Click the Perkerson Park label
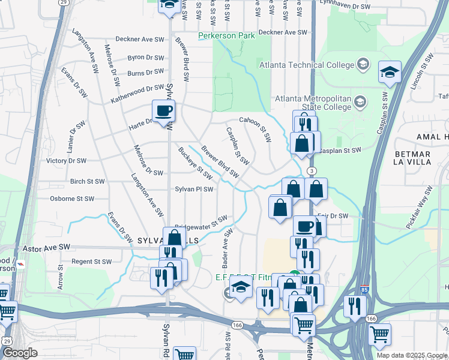[x=227, y=36]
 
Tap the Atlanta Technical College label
[x=307, y=65]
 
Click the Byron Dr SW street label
[x=145, y=58]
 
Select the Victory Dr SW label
[x=67, y=161]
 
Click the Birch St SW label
[x=87, y=181]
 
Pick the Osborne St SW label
[x=72, y=199]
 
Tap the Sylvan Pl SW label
[x=194, y=189]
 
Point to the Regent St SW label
[x=92, y=262]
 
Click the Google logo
[x=19, y=353]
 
